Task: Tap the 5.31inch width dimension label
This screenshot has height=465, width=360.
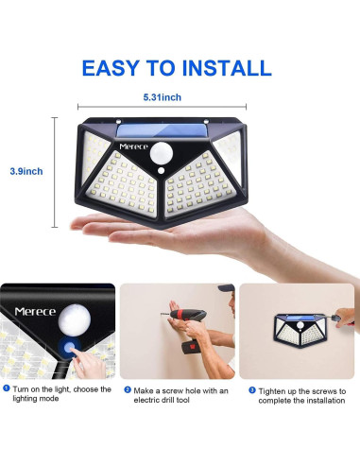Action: point(163,97)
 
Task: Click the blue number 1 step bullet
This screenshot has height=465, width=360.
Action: point(6,388)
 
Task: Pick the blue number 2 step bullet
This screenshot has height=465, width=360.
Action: point(126,388)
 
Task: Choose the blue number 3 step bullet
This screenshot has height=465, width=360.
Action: point(251,388)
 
